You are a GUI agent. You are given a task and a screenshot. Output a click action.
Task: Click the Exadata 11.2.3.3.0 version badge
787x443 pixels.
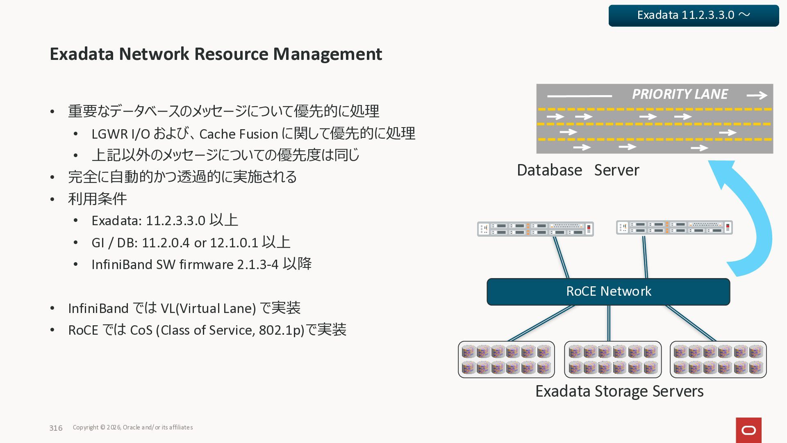pyautogui.click(x=694, y=16)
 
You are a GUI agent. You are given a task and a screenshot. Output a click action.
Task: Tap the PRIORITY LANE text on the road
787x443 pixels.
pyautogui.click(x=680, y=94)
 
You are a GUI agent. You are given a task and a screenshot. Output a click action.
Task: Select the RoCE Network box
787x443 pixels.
pyautogui.click(x=608, y=292)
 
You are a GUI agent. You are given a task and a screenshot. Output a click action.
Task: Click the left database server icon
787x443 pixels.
pyautogui.click(x=535, y=229)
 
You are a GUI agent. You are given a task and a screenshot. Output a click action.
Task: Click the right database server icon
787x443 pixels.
pyautogui.click(x=674, y=227)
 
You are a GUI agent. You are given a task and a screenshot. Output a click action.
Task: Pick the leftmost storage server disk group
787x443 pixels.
pyautogui.click(x=506, y=359)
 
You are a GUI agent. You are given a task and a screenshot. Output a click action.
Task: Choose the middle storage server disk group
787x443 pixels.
pyautogui.click(x=613, y=359)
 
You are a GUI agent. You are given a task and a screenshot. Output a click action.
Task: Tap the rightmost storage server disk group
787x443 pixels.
pyautogui.click(x=718, y=359)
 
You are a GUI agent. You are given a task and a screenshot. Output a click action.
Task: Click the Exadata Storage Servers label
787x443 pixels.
pyautogui.click(x=619, y=391)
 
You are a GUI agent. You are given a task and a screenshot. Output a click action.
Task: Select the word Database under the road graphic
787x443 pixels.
pyautogui.click(x=549, y=170)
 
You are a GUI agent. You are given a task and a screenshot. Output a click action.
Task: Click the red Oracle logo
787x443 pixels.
pyautogui.click(x=748, y=430)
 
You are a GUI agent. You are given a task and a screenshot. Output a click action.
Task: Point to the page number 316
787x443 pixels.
pyautogui.click(x=56, y=428)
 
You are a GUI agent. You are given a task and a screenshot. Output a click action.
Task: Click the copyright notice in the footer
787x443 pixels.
pyautogui.click(x=133, y=427)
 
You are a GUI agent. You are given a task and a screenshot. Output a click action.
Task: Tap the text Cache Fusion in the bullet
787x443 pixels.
pyautogui.click(x=239, y=134)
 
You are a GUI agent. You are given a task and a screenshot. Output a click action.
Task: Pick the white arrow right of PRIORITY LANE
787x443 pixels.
pyautogui.click(x=757, y=95)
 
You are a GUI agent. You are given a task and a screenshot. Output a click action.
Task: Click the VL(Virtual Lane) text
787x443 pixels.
pyautogui.click(x=208, y=308)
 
